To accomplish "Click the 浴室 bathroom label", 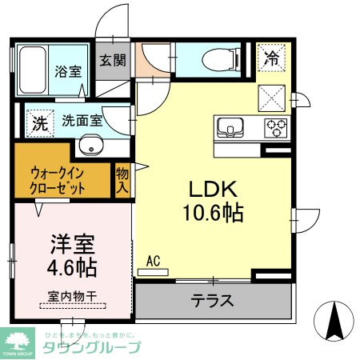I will (67, 71).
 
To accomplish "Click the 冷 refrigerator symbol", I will (272, 58).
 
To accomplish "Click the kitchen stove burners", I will (276, 126).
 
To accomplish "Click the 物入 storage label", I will (122, 181).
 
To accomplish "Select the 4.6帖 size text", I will (69, 265).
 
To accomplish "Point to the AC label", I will (154, 260).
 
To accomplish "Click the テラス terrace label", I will (212, 302).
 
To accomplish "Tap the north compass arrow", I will (334, 322).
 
